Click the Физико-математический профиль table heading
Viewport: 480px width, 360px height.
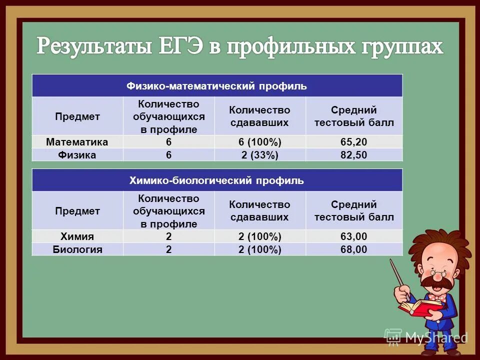(x=216, y=86)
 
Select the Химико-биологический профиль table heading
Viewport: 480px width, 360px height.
(x=216, y=180)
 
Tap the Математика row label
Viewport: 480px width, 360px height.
(x=77, y=142)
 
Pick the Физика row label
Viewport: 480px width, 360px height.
(x=77, y=155)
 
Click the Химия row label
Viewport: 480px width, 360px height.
(x=77, y=236)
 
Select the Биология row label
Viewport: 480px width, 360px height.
(x=77, y=249)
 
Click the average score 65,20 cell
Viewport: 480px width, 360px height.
(x=354, y=142)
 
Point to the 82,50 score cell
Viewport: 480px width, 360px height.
(x=354, y=155)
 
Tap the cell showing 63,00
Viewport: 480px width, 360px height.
(x=354, y=236)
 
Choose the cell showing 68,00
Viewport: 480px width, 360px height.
(x=354, y=249)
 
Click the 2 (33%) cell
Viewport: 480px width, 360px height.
(x=259, y=155)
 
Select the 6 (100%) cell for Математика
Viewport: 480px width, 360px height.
(x=259, y=142)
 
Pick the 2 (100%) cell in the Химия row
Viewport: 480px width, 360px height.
(x=259, y=236)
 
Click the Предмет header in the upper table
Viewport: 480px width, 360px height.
(x=77, y=116)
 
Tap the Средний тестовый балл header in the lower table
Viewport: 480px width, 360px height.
(x=354, y=211)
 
